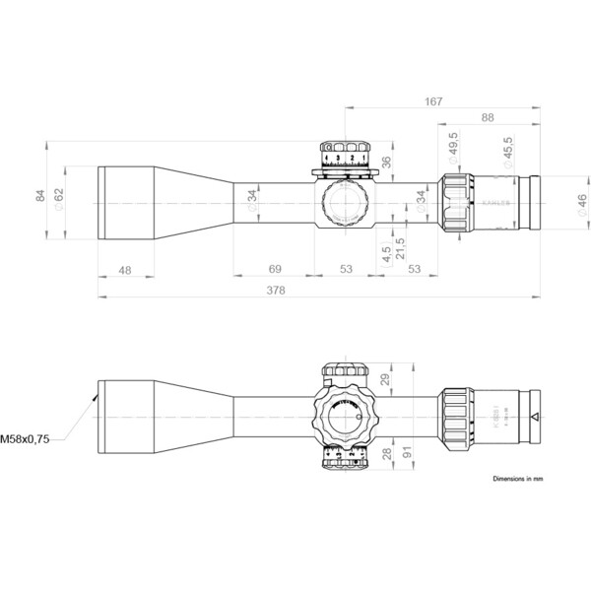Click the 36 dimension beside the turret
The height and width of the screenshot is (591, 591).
387,162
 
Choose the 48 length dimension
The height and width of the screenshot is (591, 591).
125,269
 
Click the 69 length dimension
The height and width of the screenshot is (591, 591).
276,269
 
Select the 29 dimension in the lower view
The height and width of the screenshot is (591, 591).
387,380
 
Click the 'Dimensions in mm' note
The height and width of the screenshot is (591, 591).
517,477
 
